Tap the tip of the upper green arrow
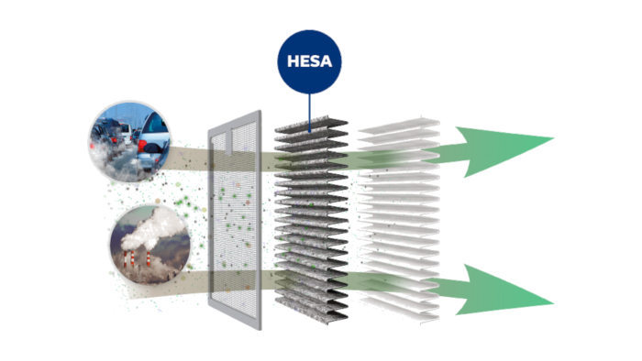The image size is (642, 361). point(553,140)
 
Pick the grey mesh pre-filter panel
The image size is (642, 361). point(237,220)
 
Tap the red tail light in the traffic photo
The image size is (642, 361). point(116,145)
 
